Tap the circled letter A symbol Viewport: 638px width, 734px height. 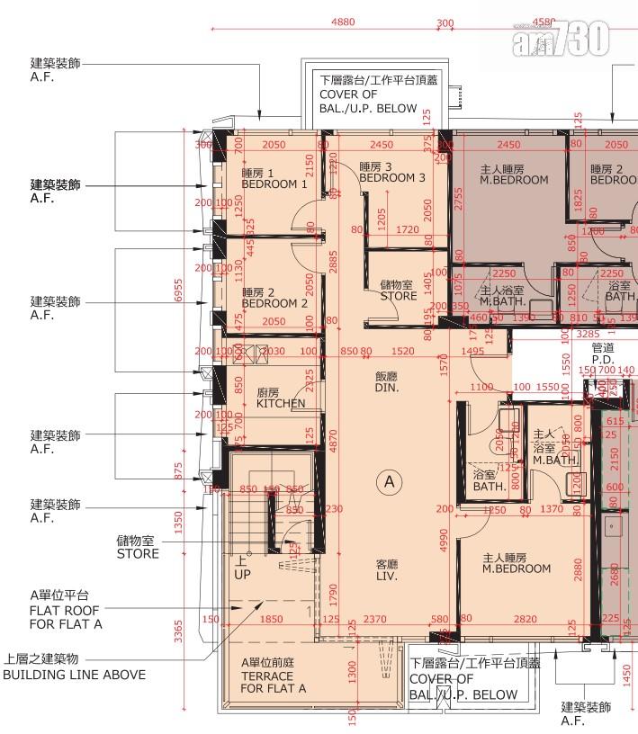[390, 482]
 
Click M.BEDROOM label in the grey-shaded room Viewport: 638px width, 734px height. [514, 175]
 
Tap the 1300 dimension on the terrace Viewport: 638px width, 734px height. [351, 670]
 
